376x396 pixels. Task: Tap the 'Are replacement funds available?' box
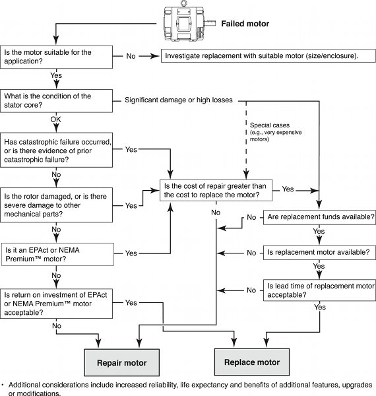click(320, 216)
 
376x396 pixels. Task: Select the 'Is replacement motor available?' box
click(320, 252)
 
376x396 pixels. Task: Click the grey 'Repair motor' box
click(120, 363)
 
